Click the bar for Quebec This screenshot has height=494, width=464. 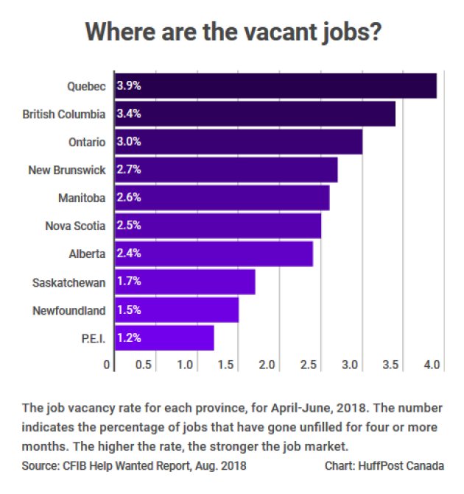pos(275,86)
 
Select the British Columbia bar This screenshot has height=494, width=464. pos(255,114)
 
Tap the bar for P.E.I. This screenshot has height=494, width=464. pos(164,338)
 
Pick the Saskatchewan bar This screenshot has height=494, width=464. pos(185,282)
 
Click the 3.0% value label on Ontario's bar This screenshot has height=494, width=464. pos(129,142)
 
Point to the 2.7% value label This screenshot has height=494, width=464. pos(129,170)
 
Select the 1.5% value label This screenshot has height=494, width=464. pos(129,310)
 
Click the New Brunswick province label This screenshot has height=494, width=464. pos(67,170)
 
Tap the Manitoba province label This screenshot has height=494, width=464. pos(82,198)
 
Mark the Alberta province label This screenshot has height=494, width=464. pos(86,254)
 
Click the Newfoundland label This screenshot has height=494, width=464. pos(69,310)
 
